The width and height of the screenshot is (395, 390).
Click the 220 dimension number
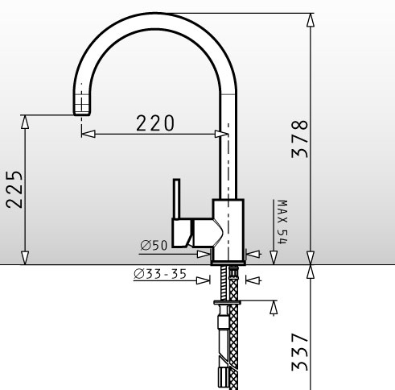click(x=155, y=123)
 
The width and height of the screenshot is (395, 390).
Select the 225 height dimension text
click(x=14, y=189)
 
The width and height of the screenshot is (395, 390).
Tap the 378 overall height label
click(x=299, y=139)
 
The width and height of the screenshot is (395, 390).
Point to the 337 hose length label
click(x=299, y=352)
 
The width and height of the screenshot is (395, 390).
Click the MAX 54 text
click(x=282, y=222)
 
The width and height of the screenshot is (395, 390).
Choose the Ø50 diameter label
click(x=154, y=245)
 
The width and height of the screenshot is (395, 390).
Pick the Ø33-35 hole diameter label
click(x=160, y=274)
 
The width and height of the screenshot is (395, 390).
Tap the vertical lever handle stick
click(x=176, y=199)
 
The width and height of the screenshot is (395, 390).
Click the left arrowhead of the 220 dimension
click(x=88, y=134)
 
